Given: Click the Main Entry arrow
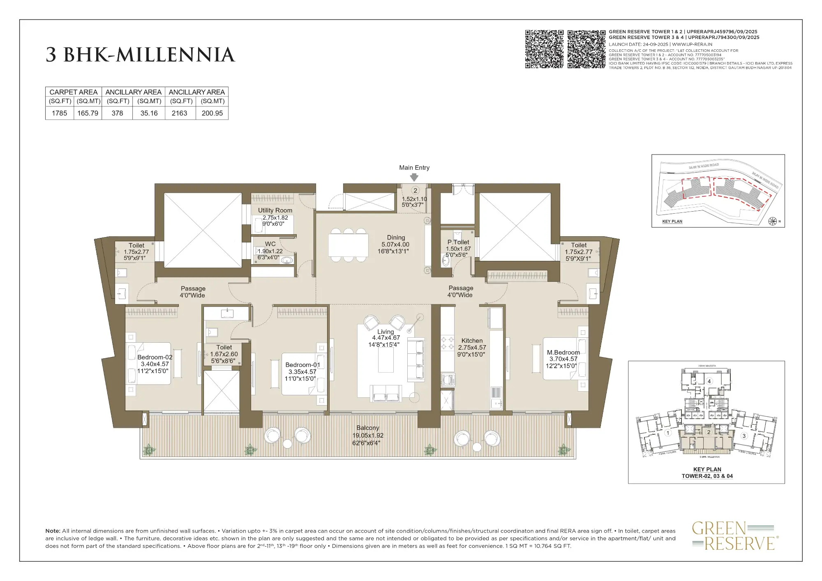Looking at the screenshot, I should pos(414,177).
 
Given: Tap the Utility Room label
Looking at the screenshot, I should pos(275,210).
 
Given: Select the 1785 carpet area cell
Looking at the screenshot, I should pos(59,113).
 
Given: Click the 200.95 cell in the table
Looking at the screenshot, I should pos(212,113).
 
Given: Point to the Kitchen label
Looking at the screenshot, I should pos(472,341).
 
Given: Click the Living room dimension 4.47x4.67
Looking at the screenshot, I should pos(386,338).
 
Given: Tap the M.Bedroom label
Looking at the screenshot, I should pos(563,353).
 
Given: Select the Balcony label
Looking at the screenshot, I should pos(367,428).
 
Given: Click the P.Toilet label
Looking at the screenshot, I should pos(458,242).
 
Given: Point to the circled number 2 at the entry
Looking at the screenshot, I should pos(415,190).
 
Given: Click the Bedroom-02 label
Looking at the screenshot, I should pos(155,357).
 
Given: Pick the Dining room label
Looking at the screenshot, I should pos(396,237).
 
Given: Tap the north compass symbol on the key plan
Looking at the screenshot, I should pos(772,221).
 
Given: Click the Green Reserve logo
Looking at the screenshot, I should pos(733,535).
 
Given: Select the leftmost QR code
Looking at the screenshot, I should pos(544,49).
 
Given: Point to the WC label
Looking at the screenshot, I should pos(270,244).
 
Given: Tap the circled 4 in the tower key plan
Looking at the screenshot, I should pos(709,381).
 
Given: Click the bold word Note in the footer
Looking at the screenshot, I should pos(53,531).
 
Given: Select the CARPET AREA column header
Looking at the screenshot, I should pos(73,92).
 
